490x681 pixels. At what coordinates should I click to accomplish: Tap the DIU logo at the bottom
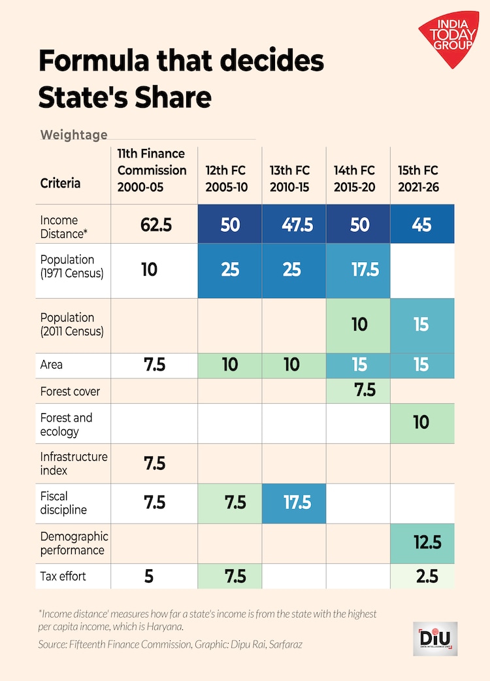coord(436,638)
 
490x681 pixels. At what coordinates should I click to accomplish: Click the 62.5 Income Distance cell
coord(155,224)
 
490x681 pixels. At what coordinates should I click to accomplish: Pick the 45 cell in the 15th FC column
coord(421,224)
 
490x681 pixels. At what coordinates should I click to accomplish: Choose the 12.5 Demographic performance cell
coord(421,542)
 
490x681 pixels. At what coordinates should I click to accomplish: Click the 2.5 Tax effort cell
coord(421,576)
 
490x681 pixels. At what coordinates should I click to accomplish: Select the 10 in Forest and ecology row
coord(421,422)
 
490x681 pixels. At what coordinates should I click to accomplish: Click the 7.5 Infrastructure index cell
coord(155,463)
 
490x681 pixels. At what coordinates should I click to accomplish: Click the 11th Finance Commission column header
coord(152,170)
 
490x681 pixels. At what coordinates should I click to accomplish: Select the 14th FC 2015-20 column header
coord(354,178)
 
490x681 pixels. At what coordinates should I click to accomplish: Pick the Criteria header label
coord(60,184)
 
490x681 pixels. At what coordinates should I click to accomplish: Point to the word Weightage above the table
coord(74,135)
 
